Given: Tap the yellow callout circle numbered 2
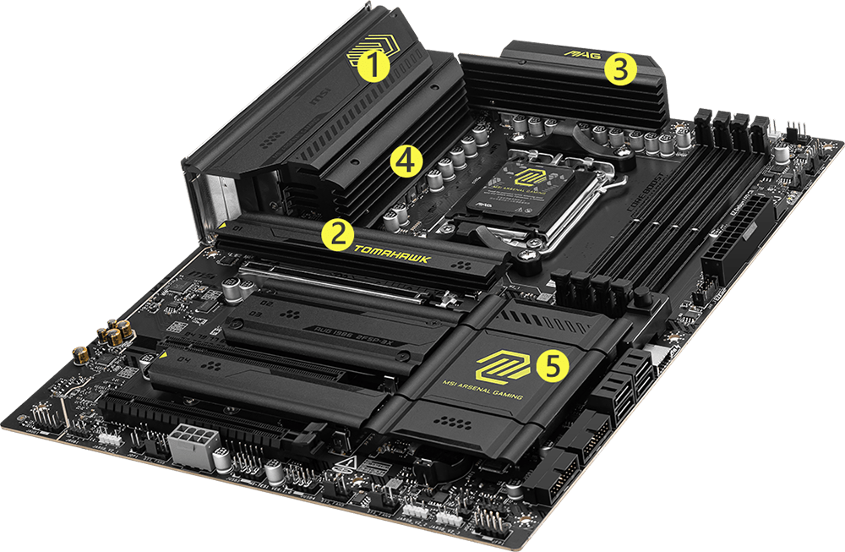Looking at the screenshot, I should pyautogui.click(x=336, y=234).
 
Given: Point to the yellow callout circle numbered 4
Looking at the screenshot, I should pyautogui.click(x=406, y=161).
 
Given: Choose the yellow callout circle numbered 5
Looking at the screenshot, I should pyautogui.click(x=550, y=365).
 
